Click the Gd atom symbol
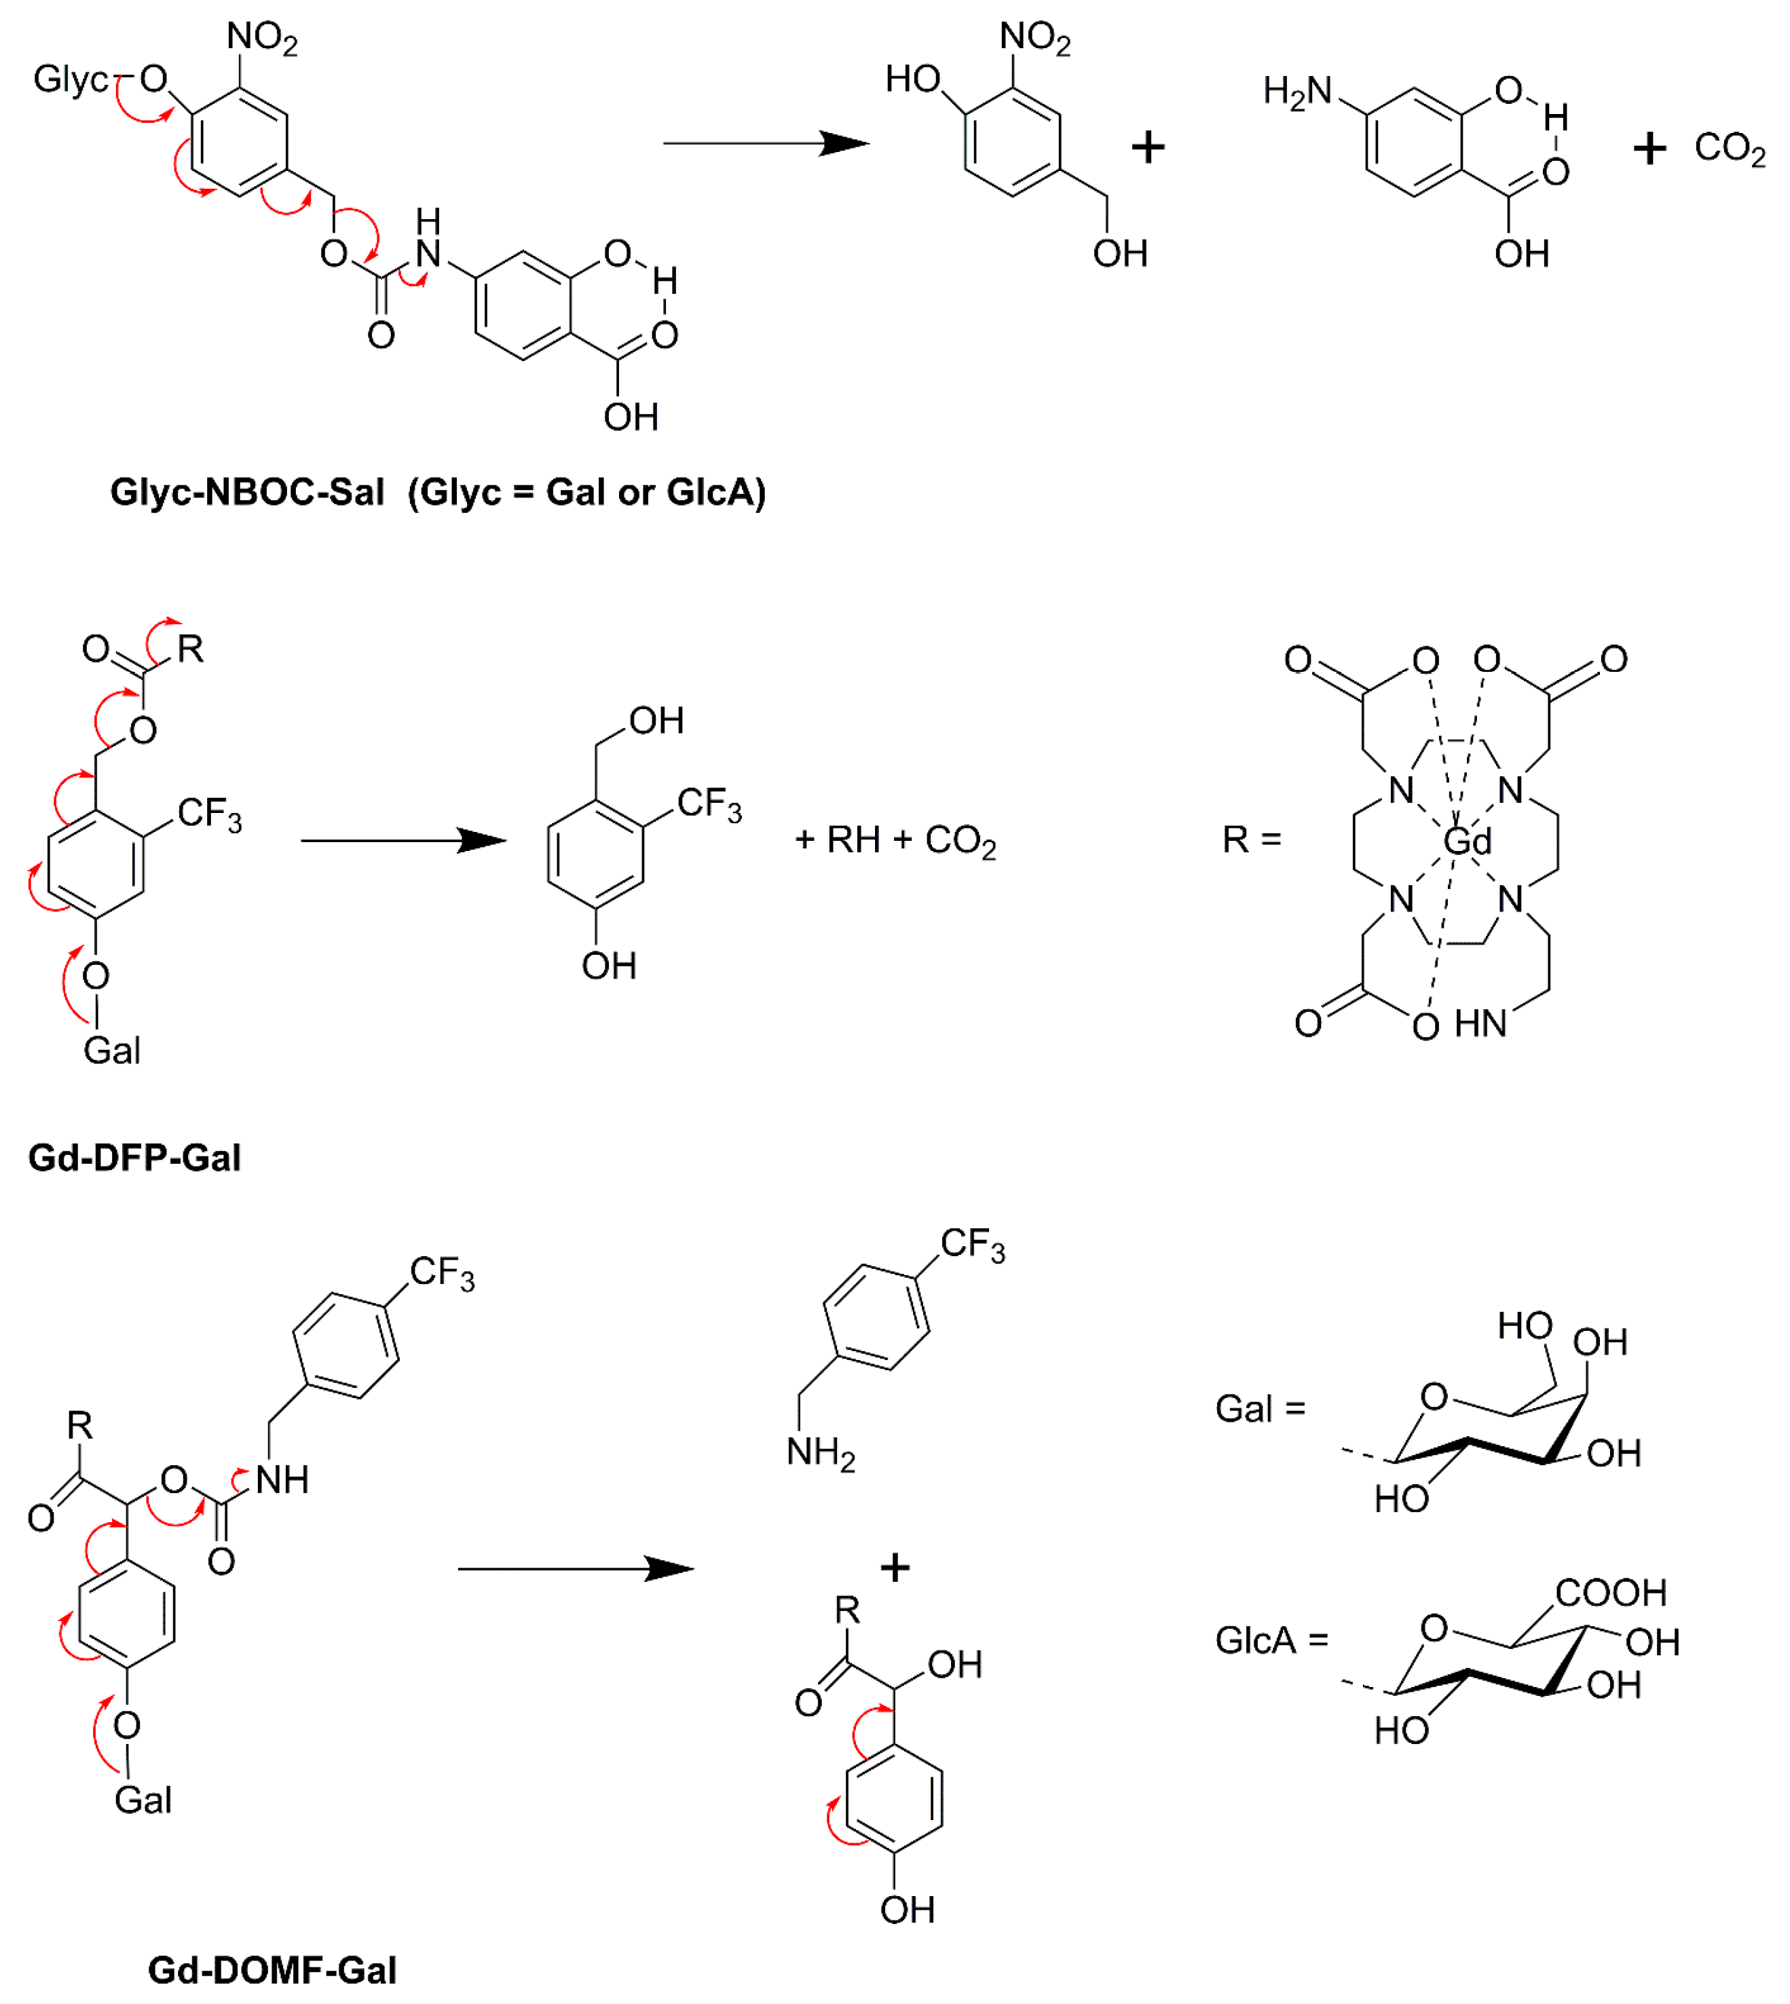[1468, 842]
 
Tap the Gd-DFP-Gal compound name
[134, 1157]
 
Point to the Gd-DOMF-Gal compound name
[272, 1969]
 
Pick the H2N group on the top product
[1297, 92]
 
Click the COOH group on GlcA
[1611, 1592]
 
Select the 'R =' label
[1252, 839]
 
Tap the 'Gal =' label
[1260, 1409]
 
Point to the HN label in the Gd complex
[1480, 1023]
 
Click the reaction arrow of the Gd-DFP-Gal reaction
[403, 841]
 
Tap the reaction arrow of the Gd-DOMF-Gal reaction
[576, 1568]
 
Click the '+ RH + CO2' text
[895, 841]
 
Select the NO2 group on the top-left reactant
[261, 37]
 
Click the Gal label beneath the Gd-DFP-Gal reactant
[111, 1050]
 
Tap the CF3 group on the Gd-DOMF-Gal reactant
[442, 1272]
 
